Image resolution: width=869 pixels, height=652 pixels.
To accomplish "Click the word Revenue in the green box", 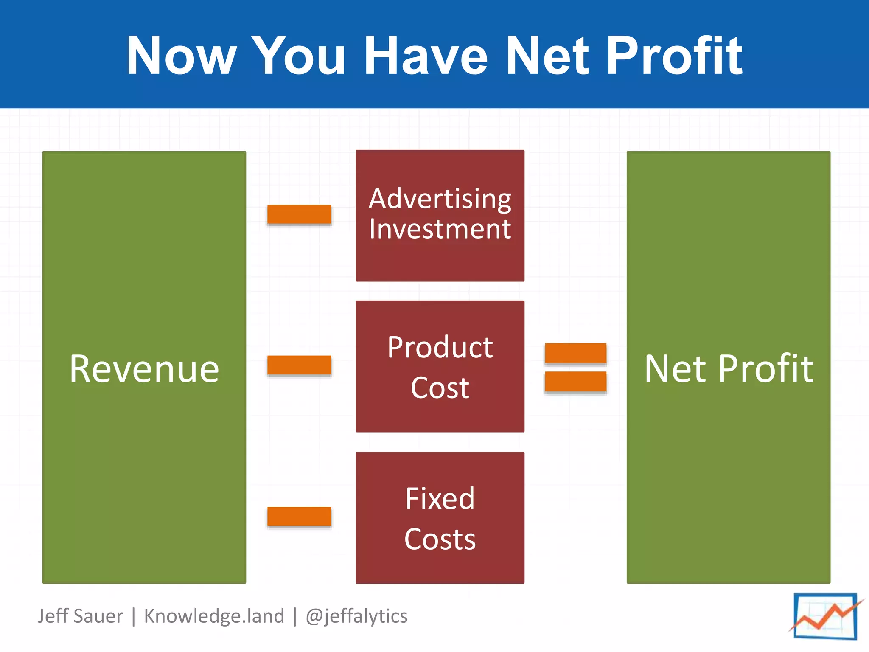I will pyautogui.click(x=144, y=369).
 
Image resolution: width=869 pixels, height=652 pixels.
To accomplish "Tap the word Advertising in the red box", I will pyautogui.click(x=440, y=199).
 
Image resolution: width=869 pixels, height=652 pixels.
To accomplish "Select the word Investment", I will pyautogui.click(x=440, y=229).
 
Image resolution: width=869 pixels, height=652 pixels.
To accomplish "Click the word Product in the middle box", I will pyautogui.click(x=440, y=347).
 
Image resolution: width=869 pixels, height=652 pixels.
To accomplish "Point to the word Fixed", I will pyautogui.click(x=440, y=499).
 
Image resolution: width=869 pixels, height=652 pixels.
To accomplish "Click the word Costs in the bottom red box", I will pyautogui.click(x=440, y=540).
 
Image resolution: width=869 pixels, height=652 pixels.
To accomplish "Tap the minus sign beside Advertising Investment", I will pyautogui.click(x=299, y=214).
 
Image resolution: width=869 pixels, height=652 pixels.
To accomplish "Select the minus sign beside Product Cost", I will pyautogui.click(x=299, y=365).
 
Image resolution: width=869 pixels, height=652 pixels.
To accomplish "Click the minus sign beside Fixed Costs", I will pyautogui.click(x=299, y=516).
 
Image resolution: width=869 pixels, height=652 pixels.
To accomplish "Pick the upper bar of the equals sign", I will pyautogui.click(x=575, y=353).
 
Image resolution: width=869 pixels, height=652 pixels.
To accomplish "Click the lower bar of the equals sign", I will pyautogui.click(x=575, y=382).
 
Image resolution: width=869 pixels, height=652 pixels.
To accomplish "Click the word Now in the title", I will pyautogui.click(x=182, y=56).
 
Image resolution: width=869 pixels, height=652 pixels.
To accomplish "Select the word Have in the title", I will pyautogui.click(x=426, y=56).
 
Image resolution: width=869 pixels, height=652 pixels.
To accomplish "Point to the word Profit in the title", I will pyautogui.click(x=674, y=56).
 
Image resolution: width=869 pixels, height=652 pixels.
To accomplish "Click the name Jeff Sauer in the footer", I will pyautogui.click(x=80, y=616).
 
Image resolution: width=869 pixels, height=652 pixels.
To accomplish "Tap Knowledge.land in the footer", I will pyautogui.click(x=214, y=616).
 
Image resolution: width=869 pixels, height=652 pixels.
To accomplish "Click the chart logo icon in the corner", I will pyautogui.click(x=825, y=616).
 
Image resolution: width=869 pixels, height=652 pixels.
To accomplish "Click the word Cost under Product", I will pyautogui.click(x=440, y=388).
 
